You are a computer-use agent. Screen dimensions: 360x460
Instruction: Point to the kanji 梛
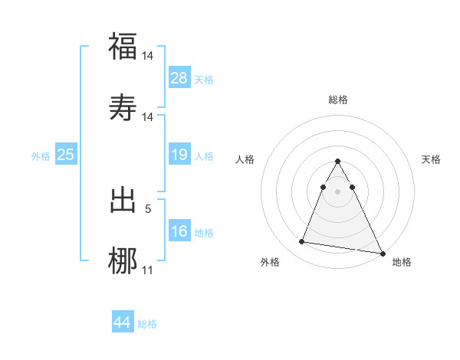123,259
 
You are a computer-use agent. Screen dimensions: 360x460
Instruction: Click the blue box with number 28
179,78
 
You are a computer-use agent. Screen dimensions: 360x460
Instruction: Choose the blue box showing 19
179,155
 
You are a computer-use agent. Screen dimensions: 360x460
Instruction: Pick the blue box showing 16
179,231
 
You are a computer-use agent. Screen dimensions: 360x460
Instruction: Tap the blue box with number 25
66,155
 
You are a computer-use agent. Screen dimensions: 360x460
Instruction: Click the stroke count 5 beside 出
148,208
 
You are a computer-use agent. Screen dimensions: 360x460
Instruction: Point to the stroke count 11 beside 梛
148,270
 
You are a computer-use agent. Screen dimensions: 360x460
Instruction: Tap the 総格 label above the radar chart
337,100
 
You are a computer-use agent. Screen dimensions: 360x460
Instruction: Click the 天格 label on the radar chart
432,159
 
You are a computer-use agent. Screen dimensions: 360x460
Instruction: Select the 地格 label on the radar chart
402,262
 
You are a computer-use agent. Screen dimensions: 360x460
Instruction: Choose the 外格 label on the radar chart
270,262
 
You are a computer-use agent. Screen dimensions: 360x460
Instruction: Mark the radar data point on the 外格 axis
302,242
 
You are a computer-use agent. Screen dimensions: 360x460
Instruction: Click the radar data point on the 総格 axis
337,162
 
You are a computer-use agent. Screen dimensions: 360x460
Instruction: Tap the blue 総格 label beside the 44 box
147,324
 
